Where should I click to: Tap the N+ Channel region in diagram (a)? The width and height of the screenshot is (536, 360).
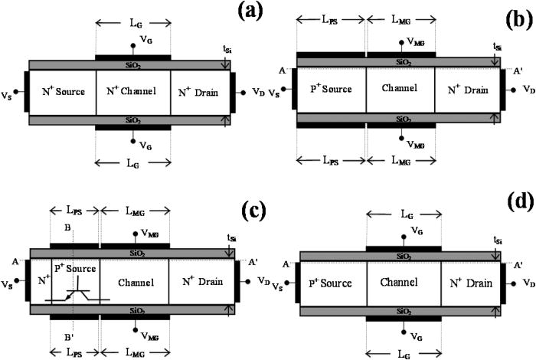coord(132,93)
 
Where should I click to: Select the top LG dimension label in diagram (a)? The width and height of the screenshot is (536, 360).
coord(132,25)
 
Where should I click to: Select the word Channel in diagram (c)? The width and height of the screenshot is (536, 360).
coord(133,283)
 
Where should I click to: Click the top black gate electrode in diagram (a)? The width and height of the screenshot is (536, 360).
coord(132,57)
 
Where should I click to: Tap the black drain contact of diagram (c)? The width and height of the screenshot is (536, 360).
coord(238,282)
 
